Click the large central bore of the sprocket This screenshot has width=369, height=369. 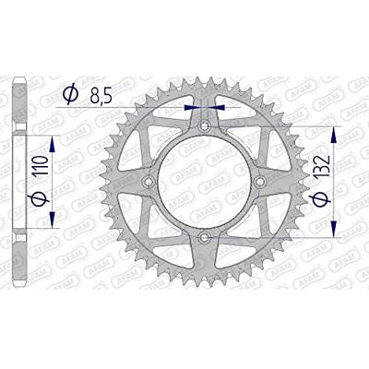[203, 183]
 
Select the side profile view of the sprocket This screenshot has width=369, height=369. [20, 183]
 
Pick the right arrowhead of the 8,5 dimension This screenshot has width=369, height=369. [215, 107]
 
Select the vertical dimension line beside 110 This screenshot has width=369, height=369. [53, 180]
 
